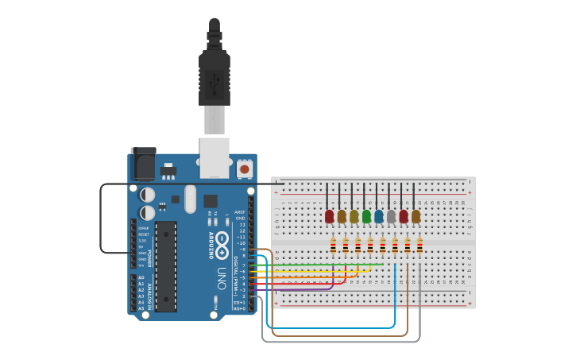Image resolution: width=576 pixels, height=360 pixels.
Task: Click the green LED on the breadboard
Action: click(366, 216)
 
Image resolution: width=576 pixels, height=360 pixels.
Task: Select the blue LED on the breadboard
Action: click(379, 216)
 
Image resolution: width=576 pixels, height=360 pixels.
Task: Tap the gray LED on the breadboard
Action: click(391, 216)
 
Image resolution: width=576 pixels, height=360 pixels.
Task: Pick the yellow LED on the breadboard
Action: click(354, 216)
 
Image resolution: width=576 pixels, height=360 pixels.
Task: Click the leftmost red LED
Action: click(329, 216)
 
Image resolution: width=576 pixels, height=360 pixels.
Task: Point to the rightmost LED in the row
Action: click(416, 216)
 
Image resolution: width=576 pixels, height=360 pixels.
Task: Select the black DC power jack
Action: click(142, 164)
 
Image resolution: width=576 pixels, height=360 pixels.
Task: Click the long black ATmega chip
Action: click(166, 265)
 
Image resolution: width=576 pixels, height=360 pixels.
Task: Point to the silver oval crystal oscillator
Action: click(190, 199)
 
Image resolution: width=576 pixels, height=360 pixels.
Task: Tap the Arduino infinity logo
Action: click(222, 243)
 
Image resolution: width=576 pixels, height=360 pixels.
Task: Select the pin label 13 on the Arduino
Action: click(242, 225)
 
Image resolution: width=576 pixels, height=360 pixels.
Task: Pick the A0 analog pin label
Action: click(141, 277)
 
